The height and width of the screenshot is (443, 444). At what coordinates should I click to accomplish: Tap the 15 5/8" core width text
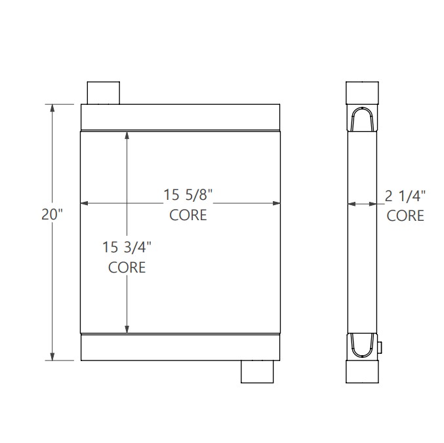pyautogui.click(x=188, y=195)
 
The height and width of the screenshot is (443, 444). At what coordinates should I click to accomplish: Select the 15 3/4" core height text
pyautogui.click(x=127, y=248)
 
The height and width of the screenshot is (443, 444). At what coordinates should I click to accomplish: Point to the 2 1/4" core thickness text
pyautogui.click(x=405, y=195)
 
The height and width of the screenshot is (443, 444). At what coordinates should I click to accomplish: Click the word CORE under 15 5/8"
pyautogui.click(x=188, y=215)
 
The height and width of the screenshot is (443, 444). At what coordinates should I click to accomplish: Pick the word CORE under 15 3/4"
pyautogui.click(x=127, y=267)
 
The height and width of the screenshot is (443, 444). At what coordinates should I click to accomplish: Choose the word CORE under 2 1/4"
pyautogui.click(x=405, y=215)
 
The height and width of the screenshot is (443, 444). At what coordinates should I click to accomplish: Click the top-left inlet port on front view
pyautogui.click(x=104, y=92)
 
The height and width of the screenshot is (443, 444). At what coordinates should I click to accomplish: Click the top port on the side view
pyautogui.click(x=363, y=92)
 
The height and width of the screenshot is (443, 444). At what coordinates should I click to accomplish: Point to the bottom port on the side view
pyautogui.click(x=363, y=372)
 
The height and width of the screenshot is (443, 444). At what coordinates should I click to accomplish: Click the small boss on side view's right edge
pyautogui.click(x=380, y=348)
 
